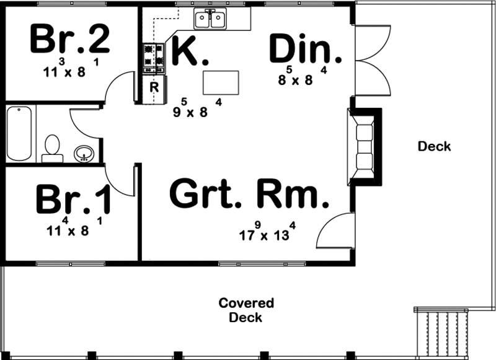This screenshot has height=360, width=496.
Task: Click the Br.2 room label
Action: point(70,40)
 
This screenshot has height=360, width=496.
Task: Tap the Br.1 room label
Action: point(73,199)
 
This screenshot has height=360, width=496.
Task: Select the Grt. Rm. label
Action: point(249,193)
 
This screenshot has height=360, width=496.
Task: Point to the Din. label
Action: point(306,49)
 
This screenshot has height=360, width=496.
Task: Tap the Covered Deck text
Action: point(246,310)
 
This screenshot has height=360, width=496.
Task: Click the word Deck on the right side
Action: point(435,146)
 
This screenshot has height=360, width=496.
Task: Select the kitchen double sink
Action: point(210,19)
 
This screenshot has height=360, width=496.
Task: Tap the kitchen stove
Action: point(154,58)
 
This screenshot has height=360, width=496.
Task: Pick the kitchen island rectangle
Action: point(221,82)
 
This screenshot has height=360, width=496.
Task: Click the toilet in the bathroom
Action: point(52,149)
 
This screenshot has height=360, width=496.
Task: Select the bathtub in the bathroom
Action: point(19,133)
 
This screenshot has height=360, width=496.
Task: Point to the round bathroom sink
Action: point(84,154)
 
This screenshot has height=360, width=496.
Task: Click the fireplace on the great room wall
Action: point(364,147)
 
